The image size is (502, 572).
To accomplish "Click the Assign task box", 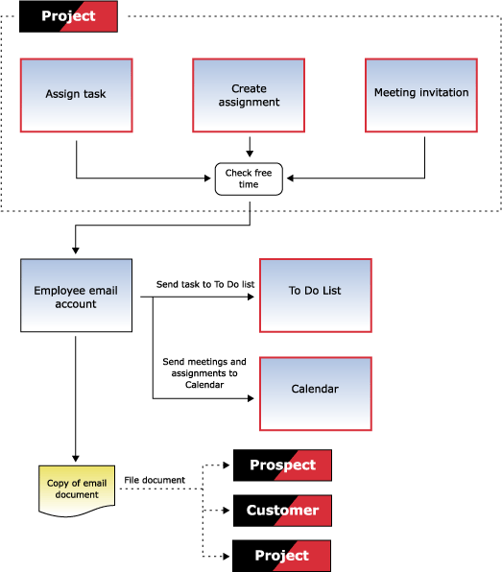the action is pyautogui.click(x=76, y=95).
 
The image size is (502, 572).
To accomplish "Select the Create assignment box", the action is pyautogui.click(x=249, y=95).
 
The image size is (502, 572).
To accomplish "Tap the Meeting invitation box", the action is pyautogui.click(x=421, y=95).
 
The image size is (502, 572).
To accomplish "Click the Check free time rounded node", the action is pyautogui.click(x=249, y=179).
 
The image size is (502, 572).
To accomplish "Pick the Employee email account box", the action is pyautogui.click(x=76, y=296).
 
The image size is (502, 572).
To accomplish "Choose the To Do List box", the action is pyautogui.click(x=316, y=296).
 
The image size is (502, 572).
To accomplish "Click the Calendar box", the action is pyautogui.click(x=316, y=394).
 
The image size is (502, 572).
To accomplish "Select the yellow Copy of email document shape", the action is pyautogui.click(x=77, y=490).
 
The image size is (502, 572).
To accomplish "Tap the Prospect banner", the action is pyautogui.click(x=282, y=465).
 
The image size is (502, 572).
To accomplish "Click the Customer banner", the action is pyautogui.click(x=282, y=511).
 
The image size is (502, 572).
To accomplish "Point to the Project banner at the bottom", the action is pyautogui.click(x=281, y=556).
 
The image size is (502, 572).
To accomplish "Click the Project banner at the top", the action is pyautogui.click(x=68, y=16).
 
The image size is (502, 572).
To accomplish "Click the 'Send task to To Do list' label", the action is pyautogui.click(x=205, y=284).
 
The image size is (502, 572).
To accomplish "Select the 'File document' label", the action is pyautogui.click(x=155, y=480).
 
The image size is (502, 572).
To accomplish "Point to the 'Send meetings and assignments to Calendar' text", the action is pyautogui.click(x=204, y=373).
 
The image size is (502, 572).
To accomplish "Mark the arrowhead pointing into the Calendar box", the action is pyautogui.click(x=251, y=398).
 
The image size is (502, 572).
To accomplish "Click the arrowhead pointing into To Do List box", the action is pyautogui.click(x=251, y=297).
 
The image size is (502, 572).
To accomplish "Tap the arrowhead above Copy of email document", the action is pyautogui.click(x=76, y=459).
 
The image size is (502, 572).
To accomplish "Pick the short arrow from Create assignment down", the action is pyautogui.click(x=250, y=147).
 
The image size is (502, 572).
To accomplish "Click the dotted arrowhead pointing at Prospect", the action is pyautogui.click(x=227, y=465).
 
